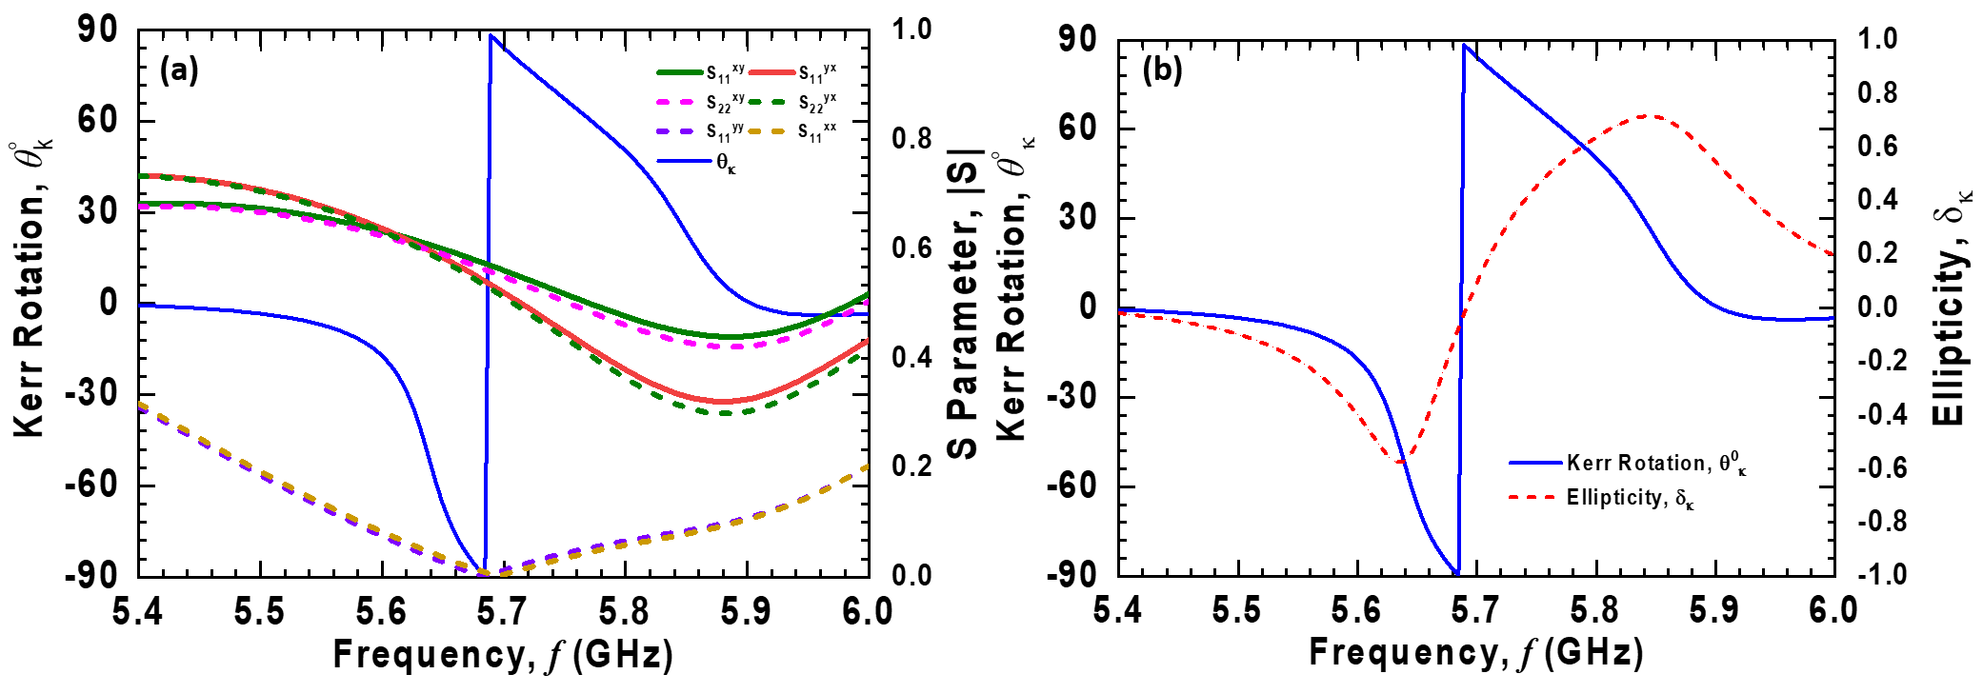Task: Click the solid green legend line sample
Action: point(680,72)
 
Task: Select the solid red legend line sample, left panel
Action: point(771,72)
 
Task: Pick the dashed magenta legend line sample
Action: point(675,102)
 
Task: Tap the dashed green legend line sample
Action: point(767,102)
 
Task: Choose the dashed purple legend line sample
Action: point(675,131)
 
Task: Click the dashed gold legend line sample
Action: point(767,131)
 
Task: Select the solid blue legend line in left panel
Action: point(684,161)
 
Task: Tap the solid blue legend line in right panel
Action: point(1535,463)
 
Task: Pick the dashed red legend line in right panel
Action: point(1532,497)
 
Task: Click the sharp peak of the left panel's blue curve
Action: point(491,35)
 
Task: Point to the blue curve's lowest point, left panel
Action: point(486,572)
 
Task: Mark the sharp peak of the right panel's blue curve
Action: point(1464,44)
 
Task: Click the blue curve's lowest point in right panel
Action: point(1459,574)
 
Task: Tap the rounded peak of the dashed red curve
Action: point(1650,116)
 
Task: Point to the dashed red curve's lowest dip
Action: point(1402,463)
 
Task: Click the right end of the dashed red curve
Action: point(1833,255)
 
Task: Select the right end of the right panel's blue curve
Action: point(1833,318)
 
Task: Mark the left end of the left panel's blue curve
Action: point(139,306)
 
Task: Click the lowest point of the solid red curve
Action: point(724,402)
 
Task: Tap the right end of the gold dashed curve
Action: point(868,466)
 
